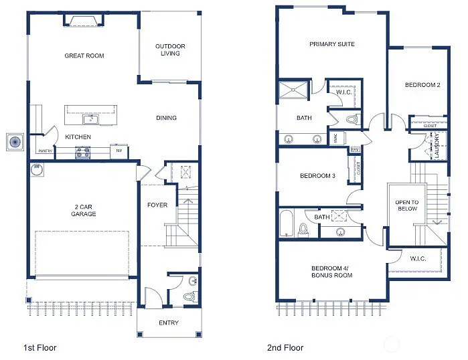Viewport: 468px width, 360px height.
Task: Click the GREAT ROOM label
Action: tap(84, 56)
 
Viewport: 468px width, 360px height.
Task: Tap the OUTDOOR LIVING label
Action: tap(170, 50)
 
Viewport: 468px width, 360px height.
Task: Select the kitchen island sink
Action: tap(89, 119)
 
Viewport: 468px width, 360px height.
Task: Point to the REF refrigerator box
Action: tap(119, 151)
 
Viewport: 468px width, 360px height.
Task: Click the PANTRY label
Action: tap(45, 151)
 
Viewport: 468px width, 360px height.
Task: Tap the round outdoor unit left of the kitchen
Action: tap(14, 142)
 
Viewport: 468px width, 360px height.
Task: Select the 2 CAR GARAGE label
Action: tap(84, 209)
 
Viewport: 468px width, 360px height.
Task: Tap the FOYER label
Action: tap(157, 205)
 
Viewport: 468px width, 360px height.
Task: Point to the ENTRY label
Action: tap(169, 323)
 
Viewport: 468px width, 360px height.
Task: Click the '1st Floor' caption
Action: tap(40, 347)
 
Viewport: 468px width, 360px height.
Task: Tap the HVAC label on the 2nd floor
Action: tap(335, 139)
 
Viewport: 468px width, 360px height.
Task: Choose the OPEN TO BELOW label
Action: tap(406, 205)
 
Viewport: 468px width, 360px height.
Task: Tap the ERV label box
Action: tap(355, 149)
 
